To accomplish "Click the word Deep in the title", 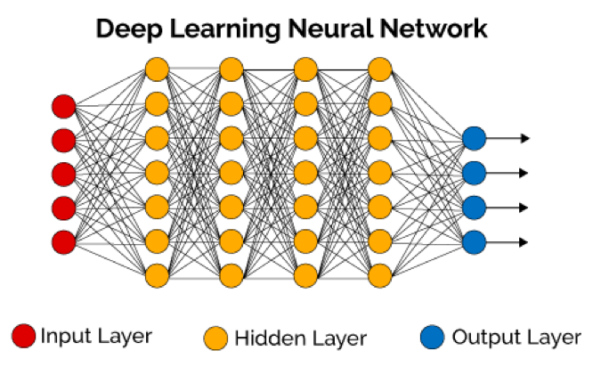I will click(126, 29).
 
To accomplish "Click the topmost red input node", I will click(63, 106).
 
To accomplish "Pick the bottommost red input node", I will click(63, 241).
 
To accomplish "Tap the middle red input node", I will click(63, 174).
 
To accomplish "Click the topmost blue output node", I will click(474, 138).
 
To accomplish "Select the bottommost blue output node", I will click(474, 241).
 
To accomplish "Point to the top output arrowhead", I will click(525, 138).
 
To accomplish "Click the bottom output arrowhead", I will click(525, 241).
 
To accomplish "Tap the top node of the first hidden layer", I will click(157, 69).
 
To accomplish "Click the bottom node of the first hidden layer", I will click(157, 273).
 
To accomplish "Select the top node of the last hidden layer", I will click(379, 69).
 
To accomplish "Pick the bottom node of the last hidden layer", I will click(379, 273).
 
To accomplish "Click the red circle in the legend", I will click(23, 336).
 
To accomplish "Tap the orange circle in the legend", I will click(215, 338).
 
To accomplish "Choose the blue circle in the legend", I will click(433, 338).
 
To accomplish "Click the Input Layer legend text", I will click(96, 337).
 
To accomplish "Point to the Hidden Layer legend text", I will click(300, 338).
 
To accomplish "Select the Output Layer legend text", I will click(516, 338).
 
